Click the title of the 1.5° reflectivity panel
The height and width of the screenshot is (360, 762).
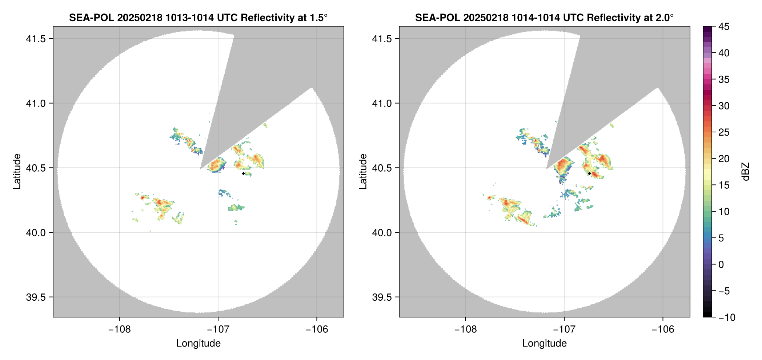tap(198, 17)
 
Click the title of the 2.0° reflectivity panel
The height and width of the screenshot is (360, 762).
tap(544, 17)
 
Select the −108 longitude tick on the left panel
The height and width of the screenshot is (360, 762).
tap(119, 329)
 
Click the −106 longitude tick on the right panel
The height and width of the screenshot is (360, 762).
tap(663, 329)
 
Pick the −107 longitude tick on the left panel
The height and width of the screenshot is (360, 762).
tap(218, 329)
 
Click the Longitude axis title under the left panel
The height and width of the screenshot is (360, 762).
tap(198, 343)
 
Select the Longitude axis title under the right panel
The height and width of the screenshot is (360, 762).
tap(544, 343)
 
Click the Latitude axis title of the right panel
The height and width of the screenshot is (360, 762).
tap(363, 171)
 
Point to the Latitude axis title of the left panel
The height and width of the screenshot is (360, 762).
tap(17, 171)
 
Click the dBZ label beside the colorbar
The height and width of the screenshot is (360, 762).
tap(746, 172)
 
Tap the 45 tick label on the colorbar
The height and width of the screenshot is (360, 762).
tap(724, 27)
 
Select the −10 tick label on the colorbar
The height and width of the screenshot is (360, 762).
tap(727, 317)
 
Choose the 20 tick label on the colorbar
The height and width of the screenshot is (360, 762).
tap(724, 159)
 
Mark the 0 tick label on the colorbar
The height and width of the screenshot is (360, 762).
tap(721, 265)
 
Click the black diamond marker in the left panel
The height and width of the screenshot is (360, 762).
tap(243, 173)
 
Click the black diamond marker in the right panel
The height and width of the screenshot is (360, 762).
tap(589, 173)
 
